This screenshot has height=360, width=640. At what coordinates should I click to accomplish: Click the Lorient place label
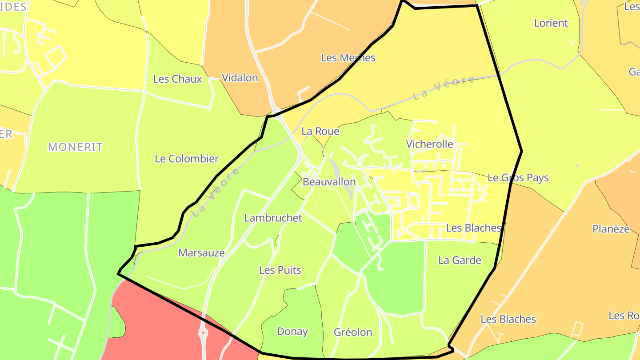point(551,23)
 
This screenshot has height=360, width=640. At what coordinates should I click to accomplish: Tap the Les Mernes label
point(348,58)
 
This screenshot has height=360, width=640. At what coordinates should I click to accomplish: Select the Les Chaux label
point(177,79)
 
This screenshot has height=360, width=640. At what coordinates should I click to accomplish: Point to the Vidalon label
point(240,78)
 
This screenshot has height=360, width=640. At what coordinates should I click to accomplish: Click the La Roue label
point(320,131)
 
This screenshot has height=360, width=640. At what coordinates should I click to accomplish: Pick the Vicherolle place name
point(429,144)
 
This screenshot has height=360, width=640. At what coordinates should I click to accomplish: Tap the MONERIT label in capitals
point(75,147)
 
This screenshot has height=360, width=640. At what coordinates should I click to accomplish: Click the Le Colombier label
point(187,159)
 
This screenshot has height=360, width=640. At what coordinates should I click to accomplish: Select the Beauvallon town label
point(329,182)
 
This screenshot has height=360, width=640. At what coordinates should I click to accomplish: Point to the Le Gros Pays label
point(518,178)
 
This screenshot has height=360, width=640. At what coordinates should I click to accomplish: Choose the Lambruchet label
point(273,218)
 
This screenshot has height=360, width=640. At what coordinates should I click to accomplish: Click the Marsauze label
point(201,253)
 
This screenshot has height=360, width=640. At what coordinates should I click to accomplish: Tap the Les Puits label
point(280,270)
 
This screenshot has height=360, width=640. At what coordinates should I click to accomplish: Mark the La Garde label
point(460,260)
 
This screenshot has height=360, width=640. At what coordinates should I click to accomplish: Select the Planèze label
point(611,229)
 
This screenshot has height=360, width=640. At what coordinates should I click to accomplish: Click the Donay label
point(292,332)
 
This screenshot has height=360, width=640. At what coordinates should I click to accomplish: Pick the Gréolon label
point(353,332)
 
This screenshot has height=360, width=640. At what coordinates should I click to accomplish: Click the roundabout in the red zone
point(203,332)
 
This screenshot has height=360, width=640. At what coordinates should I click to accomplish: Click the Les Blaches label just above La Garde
point(473,228)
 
